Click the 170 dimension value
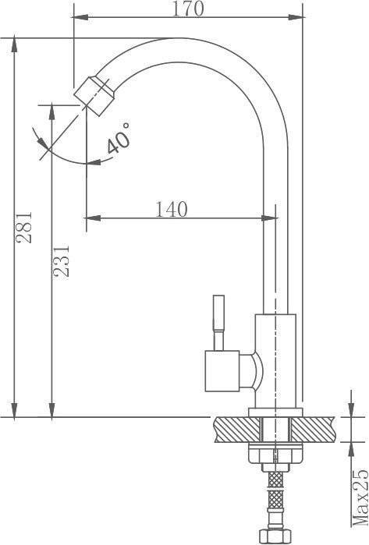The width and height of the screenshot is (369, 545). tap(188, 9)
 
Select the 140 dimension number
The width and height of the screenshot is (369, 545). tap(171, 209)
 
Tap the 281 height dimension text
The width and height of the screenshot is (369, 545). tap(24, 228)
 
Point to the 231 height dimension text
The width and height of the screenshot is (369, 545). tap(61, 261)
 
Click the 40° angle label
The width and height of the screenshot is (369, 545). tap(119, 138)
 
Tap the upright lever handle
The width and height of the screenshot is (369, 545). tap(219, 323)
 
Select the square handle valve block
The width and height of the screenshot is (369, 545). tap(222, 371)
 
